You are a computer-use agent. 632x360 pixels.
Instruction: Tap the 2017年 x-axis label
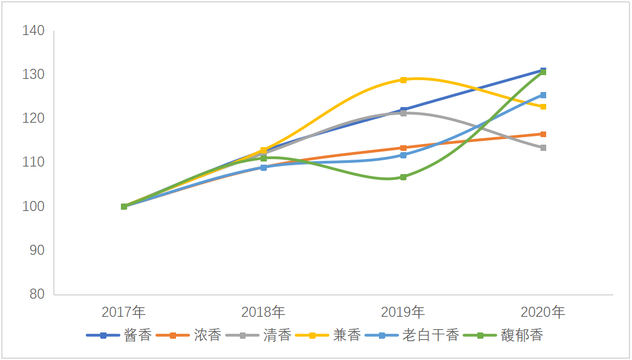pyautogui.click(x=123, y=311)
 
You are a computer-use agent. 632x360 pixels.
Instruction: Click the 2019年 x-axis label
pyautogui.click(x=403, y=311)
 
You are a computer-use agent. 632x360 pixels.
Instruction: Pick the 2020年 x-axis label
pyautogui.click(x=542, y=311)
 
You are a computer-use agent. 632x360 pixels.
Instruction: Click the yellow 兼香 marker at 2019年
pyautogui.click(x=403, y=80)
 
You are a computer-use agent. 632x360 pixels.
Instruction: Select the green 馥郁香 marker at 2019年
pyautogui.click(x=403, y=177)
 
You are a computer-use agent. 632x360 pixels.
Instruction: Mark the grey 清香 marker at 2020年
pyautogui.click(x=543, y=148)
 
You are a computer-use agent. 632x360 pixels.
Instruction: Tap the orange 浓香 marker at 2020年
pyautogui.click(x=543, y=134)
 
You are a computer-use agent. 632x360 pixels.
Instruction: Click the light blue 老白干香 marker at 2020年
pyautogui.click(x=543, y=95)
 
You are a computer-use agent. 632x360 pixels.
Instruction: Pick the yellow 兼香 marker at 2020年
pyautogui.click(x=543, y=107)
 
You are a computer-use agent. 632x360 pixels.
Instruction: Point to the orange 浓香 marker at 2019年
pyautogui.click(x=403, y=148)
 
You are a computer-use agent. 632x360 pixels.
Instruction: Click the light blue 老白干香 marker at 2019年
pyautogui.click(x=403, y=155)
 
